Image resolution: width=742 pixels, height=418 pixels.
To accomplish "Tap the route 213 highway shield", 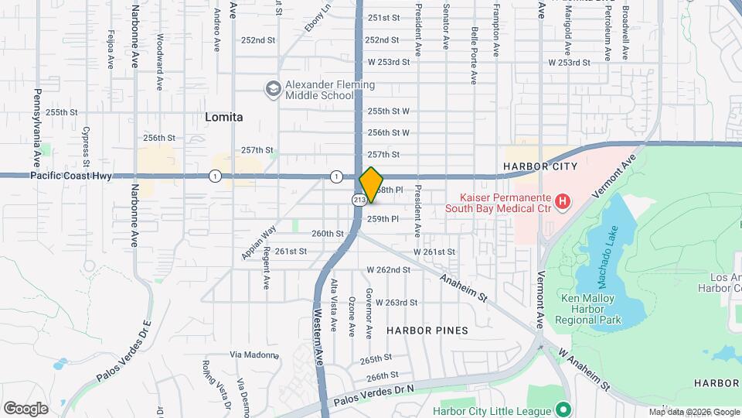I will click(359, 200).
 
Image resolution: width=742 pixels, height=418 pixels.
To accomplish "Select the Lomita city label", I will click(224, 117).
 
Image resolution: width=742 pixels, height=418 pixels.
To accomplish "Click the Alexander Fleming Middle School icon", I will click(272, 90).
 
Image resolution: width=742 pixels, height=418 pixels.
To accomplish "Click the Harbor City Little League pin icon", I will click(563, 409).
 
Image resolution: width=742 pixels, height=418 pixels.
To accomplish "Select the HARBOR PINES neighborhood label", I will click(427, 331).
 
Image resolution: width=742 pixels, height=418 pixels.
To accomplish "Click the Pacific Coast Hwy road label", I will click(71, 176).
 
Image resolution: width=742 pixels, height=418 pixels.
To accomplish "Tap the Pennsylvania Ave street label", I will click(36, 128).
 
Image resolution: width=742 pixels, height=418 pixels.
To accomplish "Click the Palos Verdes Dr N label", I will click(374, 395).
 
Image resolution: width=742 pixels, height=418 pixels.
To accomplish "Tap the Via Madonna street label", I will click(254, 355).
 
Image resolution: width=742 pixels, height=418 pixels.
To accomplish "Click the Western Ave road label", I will click(318, 337).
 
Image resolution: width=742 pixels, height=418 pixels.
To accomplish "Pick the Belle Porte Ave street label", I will click(474, 45).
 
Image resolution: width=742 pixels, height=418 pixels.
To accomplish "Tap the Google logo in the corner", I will click(26, 408).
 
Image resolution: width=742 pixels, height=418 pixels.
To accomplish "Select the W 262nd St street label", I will click(389, 269).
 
